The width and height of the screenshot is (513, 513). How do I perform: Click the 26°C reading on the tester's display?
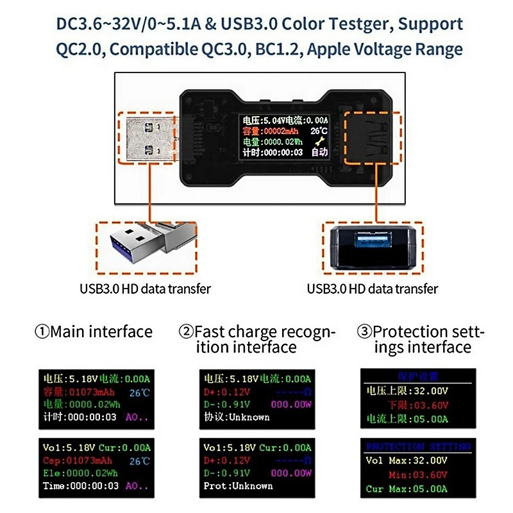318,131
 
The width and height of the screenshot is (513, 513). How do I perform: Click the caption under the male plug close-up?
145,289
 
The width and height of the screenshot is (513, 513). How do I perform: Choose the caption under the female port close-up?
373,289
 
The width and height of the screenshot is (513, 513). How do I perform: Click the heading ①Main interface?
94,332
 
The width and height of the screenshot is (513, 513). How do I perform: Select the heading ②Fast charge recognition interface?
256,339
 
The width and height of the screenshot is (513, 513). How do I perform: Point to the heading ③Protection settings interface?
420,339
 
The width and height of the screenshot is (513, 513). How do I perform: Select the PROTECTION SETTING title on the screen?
418,446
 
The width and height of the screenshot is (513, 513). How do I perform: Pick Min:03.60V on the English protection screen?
417,475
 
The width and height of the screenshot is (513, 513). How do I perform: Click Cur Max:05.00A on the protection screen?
407,489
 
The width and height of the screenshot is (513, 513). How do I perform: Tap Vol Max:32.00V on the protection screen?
407,460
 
